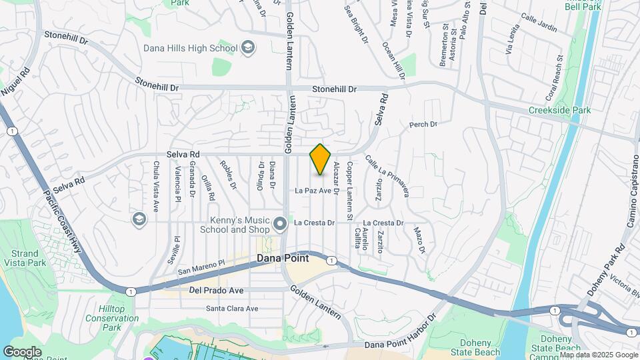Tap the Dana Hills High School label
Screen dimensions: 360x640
click(x=191, y=48)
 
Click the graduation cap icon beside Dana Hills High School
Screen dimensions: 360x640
click(x=248, y=47)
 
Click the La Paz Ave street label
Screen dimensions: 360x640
click(x=313, y=191)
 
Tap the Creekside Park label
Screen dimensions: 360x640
click(x=560, y=110)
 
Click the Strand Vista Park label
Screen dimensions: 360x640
click(x=28, y=259)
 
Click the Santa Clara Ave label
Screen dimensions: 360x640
click(x=232, y=309)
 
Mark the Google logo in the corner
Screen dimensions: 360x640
click(x=22, y=351)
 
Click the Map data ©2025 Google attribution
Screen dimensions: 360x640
click(x=598, y=355)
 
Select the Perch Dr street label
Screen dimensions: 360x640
click(x=423, y=124)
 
